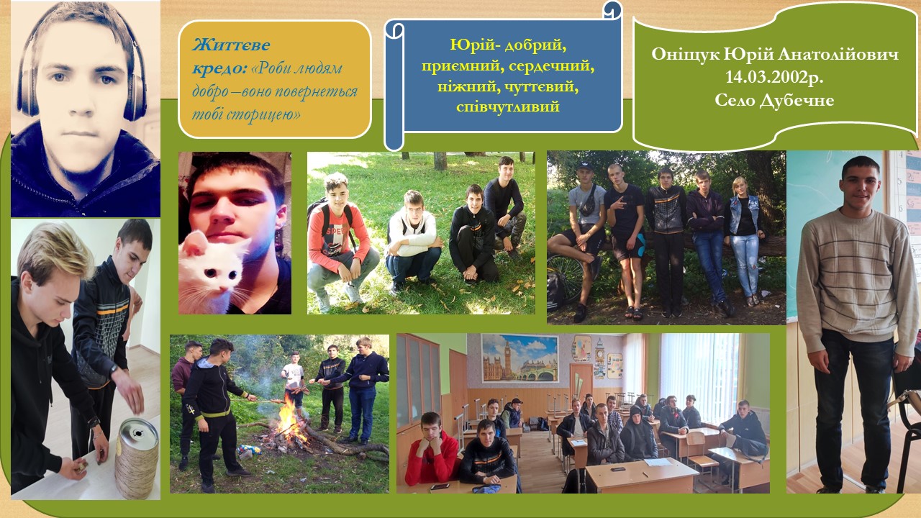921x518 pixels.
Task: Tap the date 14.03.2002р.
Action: (x=774, y=77)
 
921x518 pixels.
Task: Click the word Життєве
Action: (x=231, y=45)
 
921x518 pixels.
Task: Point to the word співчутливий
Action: (x=508, y=106)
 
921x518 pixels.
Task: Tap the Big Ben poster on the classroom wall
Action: (x=520, y=359)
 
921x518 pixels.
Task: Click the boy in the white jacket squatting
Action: (x=412, y=240)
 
